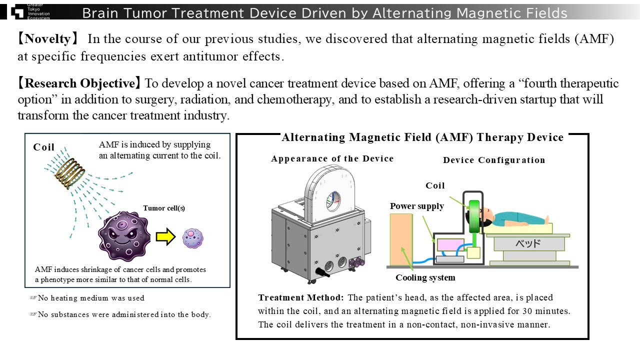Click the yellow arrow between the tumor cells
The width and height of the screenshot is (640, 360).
point(165,237)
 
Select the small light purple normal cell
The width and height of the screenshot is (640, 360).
point(193,237)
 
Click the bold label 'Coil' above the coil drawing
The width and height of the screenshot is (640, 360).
point(44,147)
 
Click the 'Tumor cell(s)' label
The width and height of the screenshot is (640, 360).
point(164,208)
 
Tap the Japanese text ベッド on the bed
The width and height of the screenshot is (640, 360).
point(528,244)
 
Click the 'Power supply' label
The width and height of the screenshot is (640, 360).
point(417,206)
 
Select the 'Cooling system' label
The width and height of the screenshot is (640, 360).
point(425,277)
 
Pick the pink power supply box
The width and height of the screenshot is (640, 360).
point(451,245)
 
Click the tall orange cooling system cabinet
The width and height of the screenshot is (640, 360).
point(401,239)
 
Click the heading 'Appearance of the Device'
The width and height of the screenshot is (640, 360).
point(332,159)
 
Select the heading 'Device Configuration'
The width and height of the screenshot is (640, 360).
point(493,160)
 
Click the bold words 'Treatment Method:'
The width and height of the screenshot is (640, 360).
point(300,297)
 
